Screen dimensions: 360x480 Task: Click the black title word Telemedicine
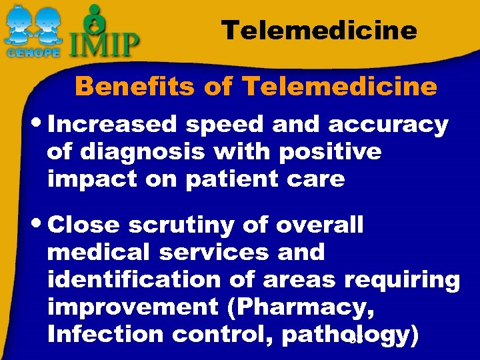click(319, 30)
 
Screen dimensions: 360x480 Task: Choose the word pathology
click(351, 335)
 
